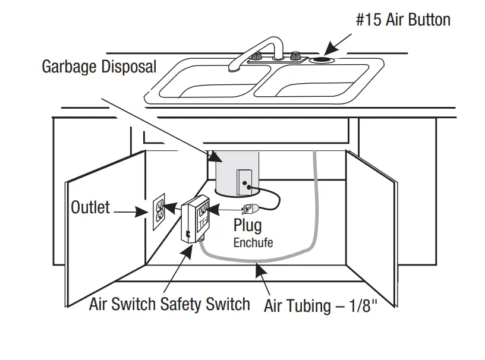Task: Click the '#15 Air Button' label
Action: pos(402,20)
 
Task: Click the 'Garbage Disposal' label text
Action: pos(99,66)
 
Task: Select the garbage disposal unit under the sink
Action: pos(235,172)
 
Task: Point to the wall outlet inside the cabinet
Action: pos(159,211)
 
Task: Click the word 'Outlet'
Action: pos(90,207)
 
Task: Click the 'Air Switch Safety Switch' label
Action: pos(169,305)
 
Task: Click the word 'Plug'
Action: pos(247,226)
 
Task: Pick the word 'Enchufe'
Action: pos(253,242)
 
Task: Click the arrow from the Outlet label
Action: pos(131,211)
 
